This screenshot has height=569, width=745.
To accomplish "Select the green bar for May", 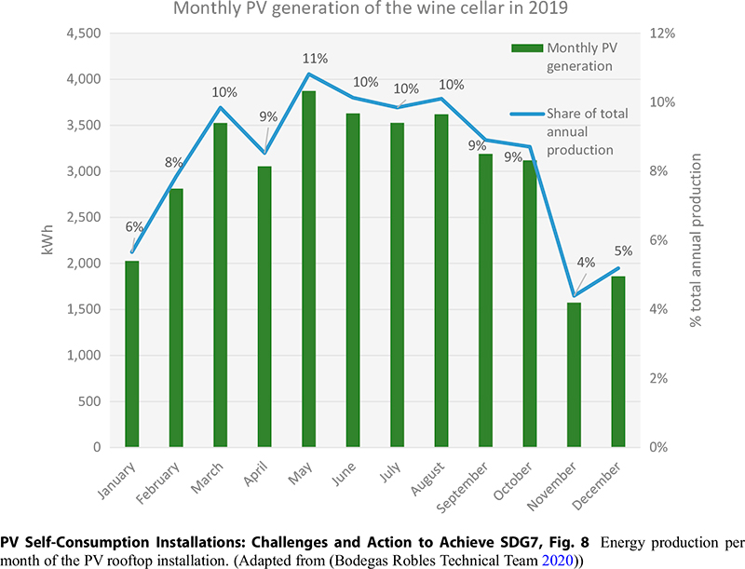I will [x=308, y=269].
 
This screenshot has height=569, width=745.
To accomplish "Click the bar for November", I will [x=574, y=374].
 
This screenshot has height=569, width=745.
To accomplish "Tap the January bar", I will [x=132, y=354].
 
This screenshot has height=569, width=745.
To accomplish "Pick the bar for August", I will [x=441, y=280].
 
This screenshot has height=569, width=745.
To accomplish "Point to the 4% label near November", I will [x=586, y=262].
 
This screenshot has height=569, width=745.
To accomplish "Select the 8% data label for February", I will [x=174, y=162].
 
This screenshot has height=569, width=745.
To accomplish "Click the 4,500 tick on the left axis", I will [x=81, y=34].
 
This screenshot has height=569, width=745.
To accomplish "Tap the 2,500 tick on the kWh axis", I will [x=81, y=217].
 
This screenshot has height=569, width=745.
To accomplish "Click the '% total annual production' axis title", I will [x=696, y=240].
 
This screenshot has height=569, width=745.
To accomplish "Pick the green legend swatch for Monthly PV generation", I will [x=526, y=47].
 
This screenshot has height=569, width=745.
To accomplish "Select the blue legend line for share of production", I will [x=526, y=114].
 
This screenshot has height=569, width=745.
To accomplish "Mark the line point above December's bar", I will [x=618, y=268].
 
